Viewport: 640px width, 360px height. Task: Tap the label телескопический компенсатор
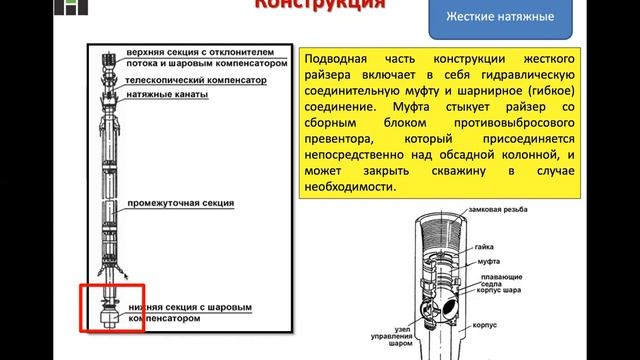click(x=186, y=77)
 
